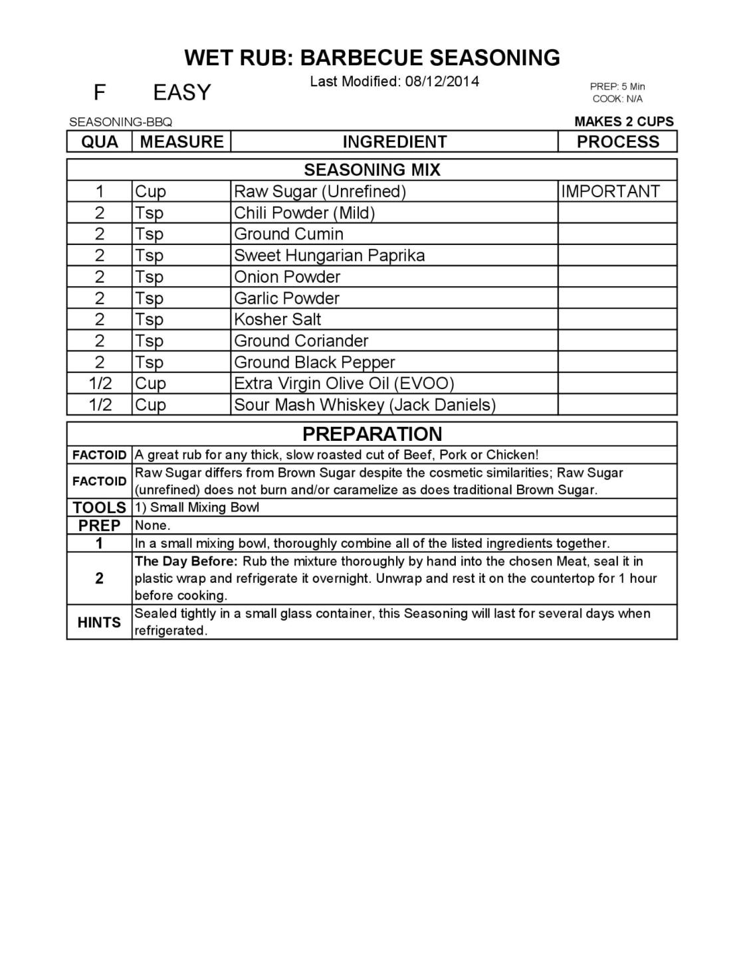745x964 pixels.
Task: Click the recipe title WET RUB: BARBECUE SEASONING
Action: click(372, 58)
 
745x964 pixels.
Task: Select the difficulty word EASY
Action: click(181, 92)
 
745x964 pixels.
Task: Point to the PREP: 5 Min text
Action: click(617, 86)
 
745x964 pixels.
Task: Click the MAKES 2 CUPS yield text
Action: click(623, 121)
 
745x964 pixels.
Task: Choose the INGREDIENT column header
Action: click(394, 141)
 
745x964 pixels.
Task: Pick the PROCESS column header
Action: click(617, 141)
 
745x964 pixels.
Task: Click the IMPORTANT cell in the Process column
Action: click(610, 191)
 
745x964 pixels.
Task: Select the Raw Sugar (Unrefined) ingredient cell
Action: click(320, 191)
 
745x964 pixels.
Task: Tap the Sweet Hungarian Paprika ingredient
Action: click(329, 256)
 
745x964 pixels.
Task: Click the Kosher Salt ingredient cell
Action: click(277, 319)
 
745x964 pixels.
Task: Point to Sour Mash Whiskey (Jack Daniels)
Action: click(365, 405)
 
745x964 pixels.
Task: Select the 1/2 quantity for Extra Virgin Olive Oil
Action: click(100, 384)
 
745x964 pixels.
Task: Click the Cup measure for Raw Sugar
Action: click(150, 191)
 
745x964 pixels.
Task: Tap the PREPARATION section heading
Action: click(372, 434)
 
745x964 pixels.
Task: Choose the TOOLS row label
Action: click(99, 508)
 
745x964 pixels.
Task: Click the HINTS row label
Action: click(99, 622)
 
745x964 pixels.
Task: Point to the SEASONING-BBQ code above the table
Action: click(120, 122)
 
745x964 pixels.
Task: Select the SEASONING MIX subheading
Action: click(372, 170)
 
